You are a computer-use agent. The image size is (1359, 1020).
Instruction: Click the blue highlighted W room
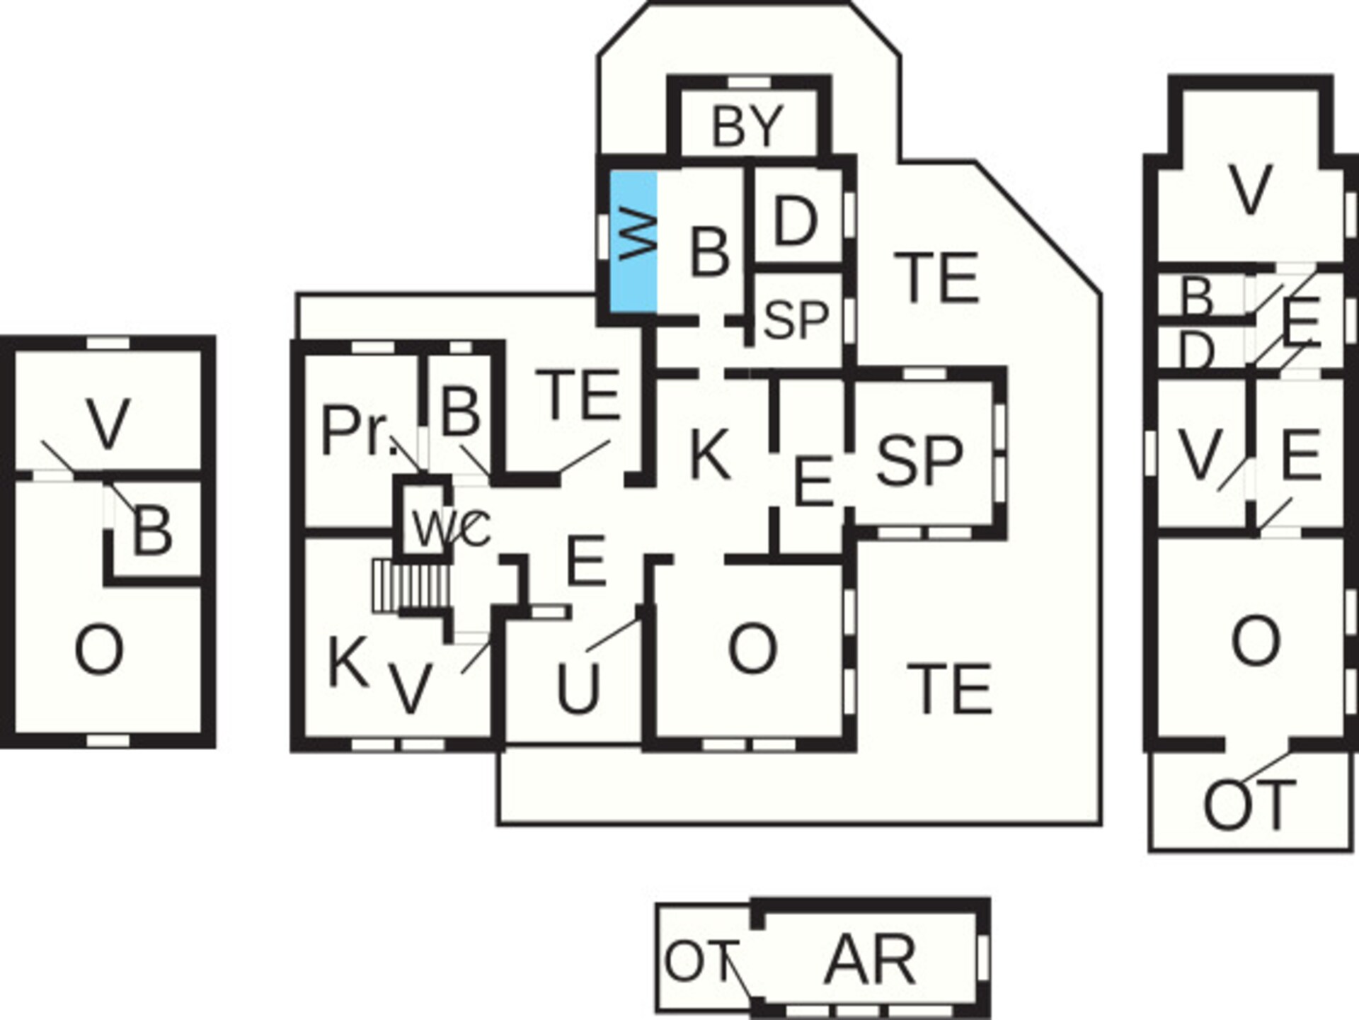(633, 242)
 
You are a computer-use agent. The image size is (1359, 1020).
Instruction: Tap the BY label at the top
(747, 126)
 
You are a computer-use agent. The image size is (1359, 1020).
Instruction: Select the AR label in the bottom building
(870, 960)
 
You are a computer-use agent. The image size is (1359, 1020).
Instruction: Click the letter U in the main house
(578, 688)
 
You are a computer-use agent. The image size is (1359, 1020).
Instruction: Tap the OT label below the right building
(1249, 805)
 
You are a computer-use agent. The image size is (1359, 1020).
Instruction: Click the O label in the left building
(99, 651)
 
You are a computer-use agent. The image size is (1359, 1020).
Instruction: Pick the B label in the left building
(152, 533)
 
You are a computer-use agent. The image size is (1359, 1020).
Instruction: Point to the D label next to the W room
(796, 222)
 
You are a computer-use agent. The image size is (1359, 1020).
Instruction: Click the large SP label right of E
(919, 460)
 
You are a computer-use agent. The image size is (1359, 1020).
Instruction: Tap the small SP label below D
(796, 319)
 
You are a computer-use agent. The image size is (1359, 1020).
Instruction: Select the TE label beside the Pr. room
(578, 395)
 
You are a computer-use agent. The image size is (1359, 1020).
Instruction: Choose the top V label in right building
(1251, 190)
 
